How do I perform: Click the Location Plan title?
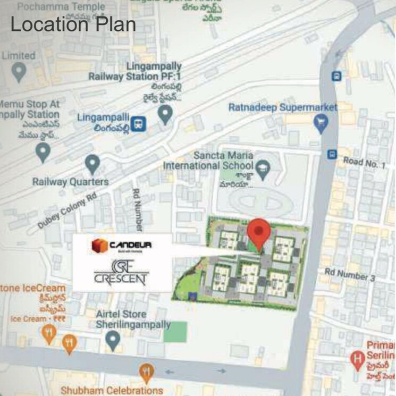(73, 24)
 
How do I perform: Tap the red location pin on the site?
(259, 233)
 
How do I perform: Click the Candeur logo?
(122, 246)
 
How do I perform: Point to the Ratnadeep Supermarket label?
(283, 107)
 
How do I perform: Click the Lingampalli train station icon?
(139, 123)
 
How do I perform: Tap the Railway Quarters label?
(71, 181)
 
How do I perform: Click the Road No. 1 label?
(365, 163)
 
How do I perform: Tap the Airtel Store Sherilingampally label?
(133, 319)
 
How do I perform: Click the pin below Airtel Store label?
(113, 340)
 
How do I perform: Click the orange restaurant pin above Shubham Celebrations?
(147, 372)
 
